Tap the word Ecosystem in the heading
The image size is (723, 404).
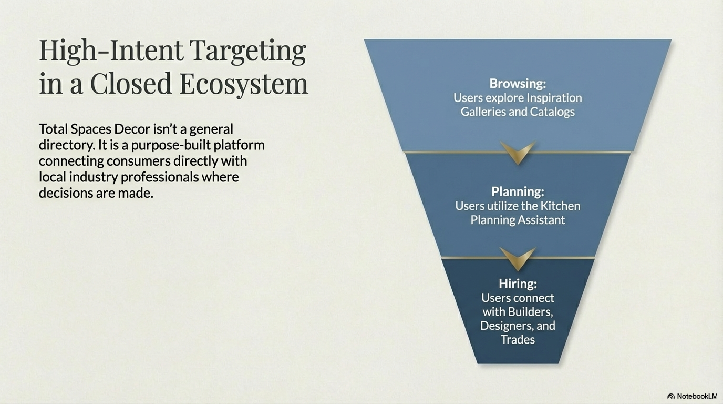[x=244, y=84]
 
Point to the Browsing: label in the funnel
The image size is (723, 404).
[x=518, y=84]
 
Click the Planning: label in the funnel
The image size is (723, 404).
[x=518, y=191]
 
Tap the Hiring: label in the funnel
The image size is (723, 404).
[x=518, y=284]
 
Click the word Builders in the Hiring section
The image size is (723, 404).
[x=530, y=312]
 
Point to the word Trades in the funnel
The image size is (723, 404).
[x=518, y=340]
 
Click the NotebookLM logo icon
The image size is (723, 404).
[x=671, y=396]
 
